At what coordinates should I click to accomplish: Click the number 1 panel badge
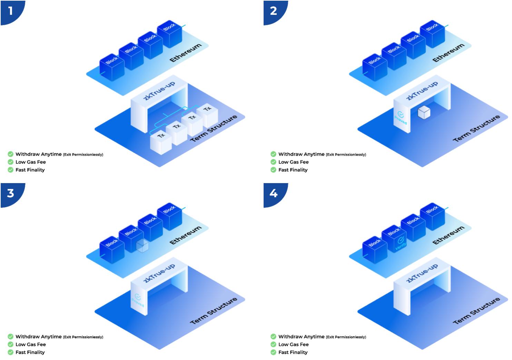pyautogui.click(x=11, y=11)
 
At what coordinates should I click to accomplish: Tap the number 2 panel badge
pyautogui.click(x=274, y=11)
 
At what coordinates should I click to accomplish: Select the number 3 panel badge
pyautogui.click(x=11, y=193)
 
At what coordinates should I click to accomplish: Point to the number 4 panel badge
pyautogui.click(x=274, y=193)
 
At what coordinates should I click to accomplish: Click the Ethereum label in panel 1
pyautogui.click(x=186, y=53)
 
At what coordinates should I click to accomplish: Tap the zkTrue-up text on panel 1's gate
pyautogui.click(x=159, y=91)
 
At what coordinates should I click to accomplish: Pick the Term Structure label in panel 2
pyautogui.click(x=476, y=128)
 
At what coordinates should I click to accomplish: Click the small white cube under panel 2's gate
pyautogui.click(x=424, y=113)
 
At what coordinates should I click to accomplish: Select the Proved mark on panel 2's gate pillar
pyautogui.click(x=401, y=117)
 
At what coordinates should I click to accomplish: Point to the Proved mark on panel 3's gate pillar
pyautogui.click(x=138, y=300)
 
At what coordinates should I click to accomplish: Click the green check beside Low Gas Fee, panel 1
pyautogui.click(x=11, y=162)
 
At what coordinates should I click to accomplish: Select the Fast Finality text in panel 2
pyautogui.click(x=293, y=170)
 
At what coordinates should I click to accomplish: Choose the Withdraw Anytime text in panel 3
pyautogui.click(x=39, y=337)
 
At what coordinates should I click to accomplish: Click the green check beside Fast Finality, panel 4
pyautogui.click(x=274, y=352)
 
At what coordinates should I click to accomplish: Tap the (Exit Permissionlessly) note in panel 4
pyautogui.click(x=346, y=337)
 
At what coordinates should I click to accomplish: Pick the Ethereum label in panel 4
pyautogui.click(x=449, y=236)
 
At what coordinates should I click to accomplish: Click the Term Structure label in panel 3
pyautogui.click(x=214, y=311)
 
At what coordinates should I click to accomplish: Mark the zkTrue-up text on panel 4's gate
pyautogui.click(x=422, y=273)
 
